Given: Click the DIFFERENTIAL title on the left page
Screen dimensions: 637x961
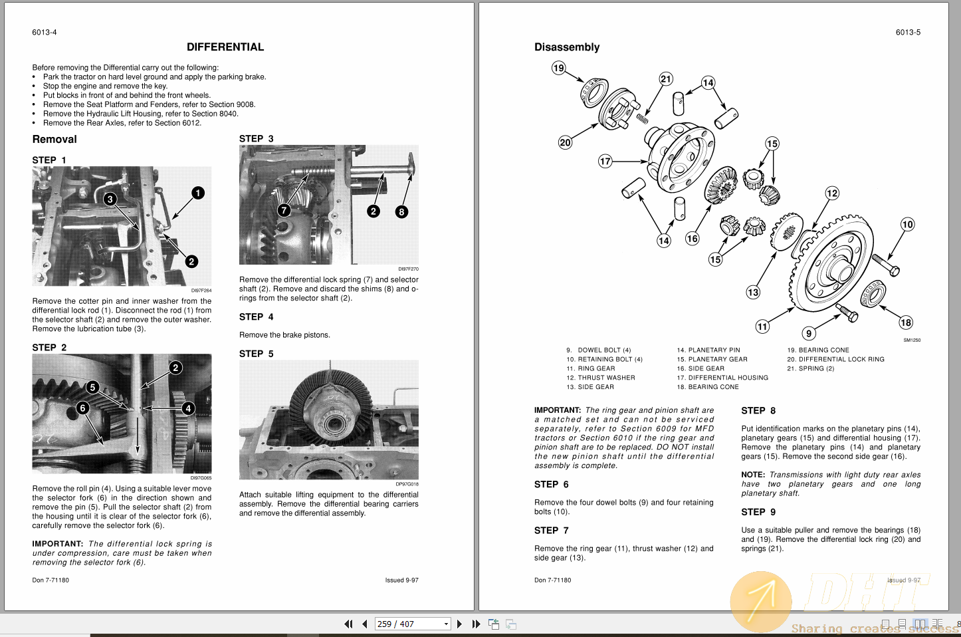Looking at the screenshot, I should point(225,47).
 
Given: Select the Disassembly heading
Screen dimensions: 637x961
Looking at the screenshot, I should point(567,47).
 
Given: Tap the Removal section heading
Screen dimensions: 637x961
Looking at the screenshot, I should point(54,139).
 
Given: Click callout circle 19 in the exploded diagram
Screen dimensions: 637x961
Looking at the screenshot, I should point(558,68).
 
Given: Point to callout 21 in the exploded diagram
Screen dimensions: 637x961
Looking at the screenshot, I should point(666,78).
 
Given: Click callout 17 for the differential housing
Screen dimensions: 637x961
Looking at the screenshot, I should point(605,161).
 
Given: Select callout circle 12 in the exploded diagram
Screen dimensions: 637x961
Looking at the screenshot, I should point(832,193).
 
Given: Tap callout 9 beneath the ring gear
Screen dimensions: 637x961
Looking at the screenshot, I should point(808,333).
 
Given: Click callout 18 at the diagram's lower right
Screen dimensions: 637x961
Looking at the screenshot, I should point(906,322).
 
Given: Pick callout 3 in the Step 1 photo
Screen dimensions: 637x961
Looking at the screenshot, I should point(110,199).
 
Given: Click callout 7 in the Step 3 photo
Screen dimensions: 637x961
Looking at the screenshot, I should point(284,210).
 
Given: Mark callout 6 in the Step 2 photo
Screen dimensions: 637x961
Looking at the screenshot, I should point(82,408).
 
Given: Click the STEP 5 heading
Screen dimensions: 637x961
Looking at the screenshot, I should point(256,354).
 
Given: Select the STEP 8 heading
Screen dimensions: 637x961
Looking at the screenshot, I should point(758,411).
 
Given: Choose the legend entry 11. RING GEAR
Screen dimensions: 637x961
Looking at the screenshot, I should point(591,368).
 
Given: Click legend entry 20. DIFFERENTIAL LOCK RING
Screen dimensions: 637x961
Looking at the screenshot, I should point(835,359).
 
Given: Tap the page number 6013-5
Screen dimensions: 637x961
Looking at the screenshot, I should point(908,33).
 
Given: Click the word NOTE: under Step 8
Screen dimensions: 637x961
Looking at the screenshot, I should point(753,475).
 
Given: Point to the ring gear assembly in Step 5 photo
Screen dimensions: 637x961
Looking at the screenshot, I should point(328,406).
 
